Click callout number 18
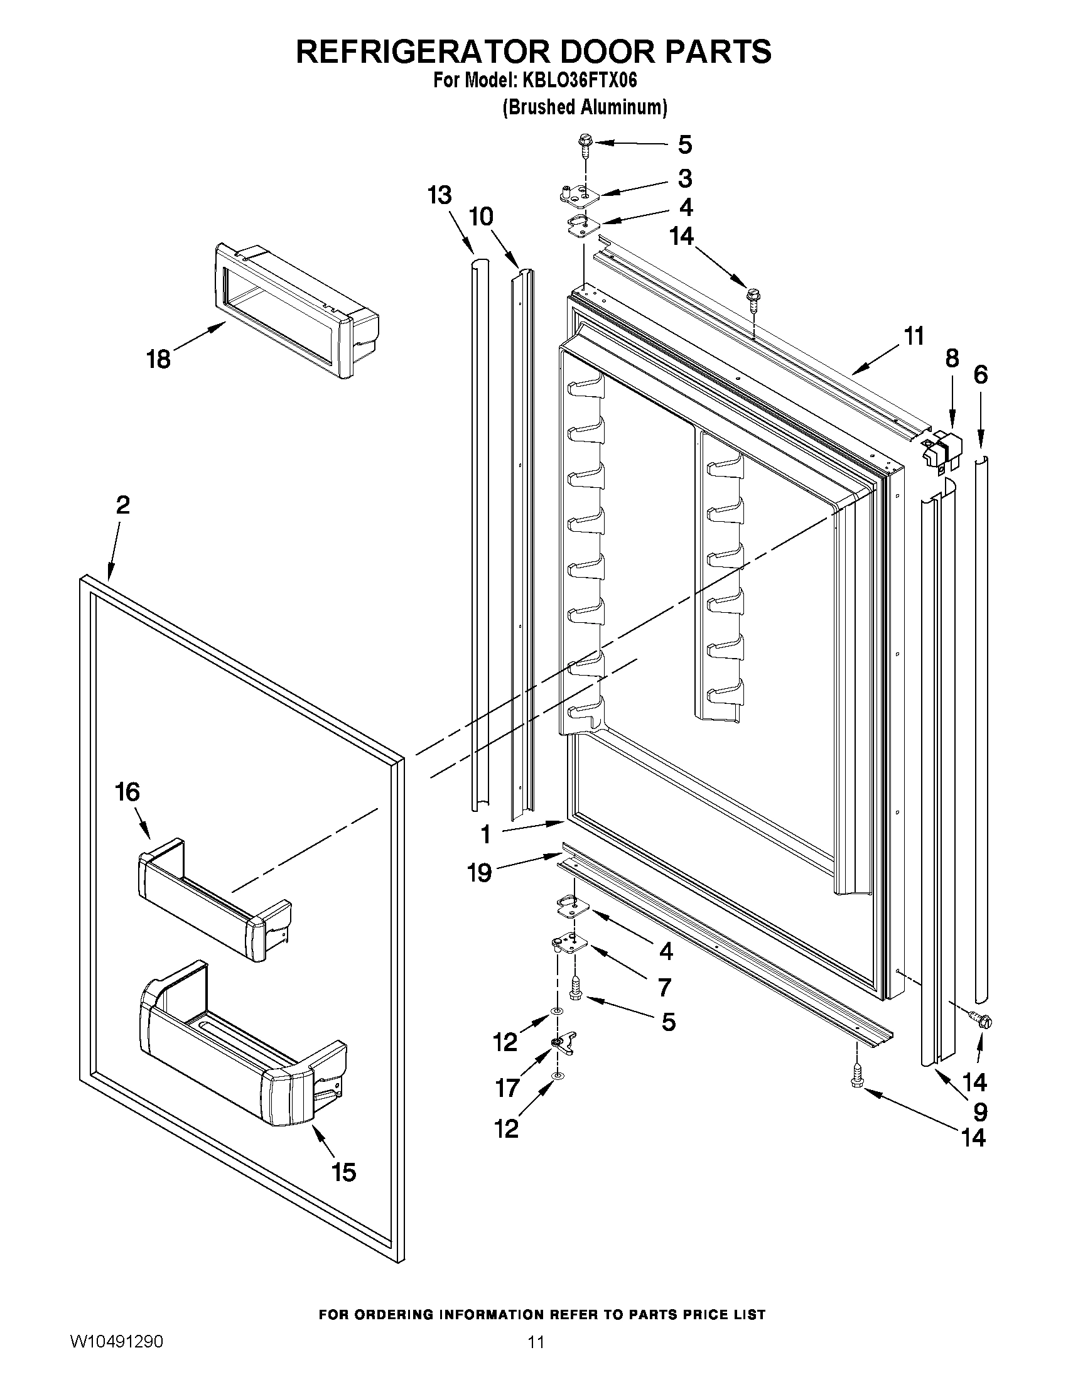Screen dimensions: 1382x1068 (x=158, y=359)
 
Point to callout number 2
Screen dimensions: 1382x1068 (x=122, y=505)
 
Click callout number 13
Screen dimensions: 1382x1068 (x=439, y=195)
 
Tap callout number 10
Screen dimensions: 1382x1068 (x=482, y=217)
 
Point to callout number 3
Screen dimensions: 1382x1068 (x=684, y=179)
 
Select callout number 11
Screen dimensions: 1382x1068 (x=914, y=336)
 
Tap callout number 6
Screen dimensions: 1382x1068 (x=979, y=375)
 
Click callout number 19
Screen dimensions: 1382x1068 (x=480, y=873)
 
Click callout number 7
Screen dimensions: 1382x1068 (x=664, y=987)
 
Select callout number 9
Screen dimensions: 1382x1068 (x=980, y=1111)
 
